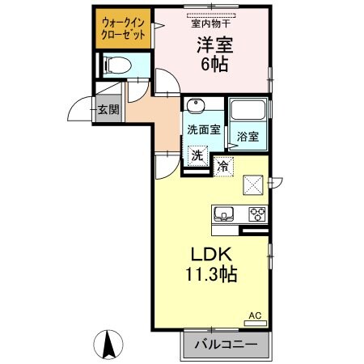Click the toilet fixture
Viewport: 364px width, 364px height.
(116, 67)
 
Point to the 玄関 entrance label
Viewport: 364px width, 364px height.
(108, 109)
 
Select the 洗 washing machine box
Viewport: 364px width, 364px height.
(197, 154)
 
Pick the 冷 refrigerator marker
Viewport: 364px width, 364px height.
(223, 167)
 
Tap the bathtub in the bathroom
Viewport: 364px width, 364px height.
(249, 112)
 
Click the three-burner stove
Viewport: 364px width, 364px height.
(258, 214)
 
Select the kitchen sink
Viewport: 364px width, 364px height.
(224, 214)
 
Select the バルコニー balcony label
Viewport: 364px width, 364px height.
(227, 345)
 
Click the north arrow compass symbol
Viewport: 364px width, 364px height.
(108, 346)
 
